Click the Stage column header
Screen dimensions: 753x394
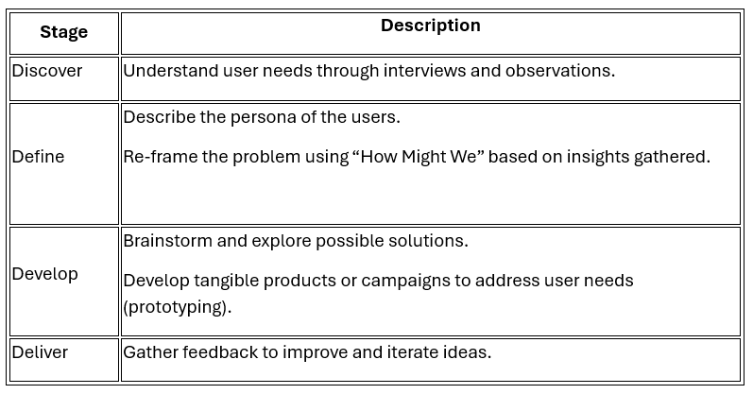pyautogui.click(x=64, y=32)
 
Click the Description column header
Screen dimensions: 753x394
pyautogui.click(x=431, y=26)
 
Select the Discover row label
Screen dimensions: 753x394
pyautogui.click(x=47, y=71)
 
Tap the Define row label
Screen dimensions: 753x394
pyautogui.click(x=38, y=157)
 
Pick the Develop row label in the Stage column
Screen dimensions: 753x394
pyautogui.click(x=45, y=274)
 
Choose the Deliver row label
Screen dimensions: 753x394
pyautogui.click(x=40, y=352)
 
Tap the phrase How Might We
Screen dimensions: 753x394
pyautogui.click(x=418, y=157)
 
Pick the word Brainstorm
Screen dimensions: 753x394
pyautogui.click(x=167, y=241)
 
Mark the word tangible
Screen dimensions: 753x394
pyautogui.click(x=226, y=281)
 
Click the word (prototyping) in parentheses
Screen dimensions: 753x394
pyautogui.click(x=178, y=306)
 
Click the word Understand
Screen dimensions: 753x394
pyautogui.click(x=171, y=71)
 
